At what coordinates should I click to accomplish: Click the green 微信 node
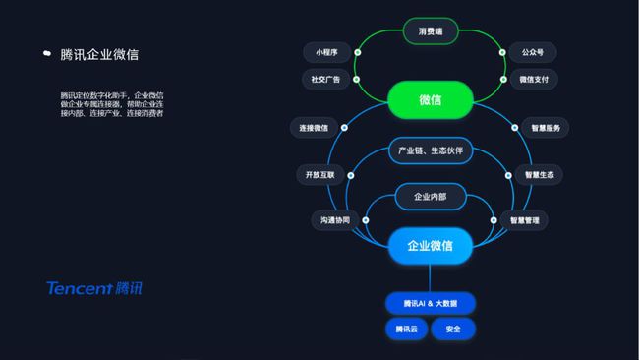(431, 99)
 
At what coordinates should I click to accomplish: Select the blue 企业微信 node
(431, 245)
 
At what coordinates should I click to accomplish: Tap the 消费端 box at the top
(431, 31)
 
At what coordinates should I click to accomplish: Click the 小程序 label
(327, 52)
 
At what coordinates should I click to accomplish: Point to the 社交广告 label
(327, 80)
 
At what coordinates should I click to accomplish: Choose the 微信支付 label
(534, 80)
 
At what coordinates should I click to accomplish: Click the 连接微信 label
(315, 128)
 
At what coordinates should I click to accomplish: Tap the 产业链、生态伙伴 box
(431, 150)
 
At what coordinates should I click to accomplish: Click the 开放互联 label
(320, 175)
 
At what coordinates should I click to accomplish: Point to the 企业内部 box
(431, 197)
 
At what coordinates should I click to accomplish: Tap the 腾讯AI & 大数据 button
(431, 302)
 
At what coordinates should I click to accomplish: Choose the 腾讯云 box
(407, 329)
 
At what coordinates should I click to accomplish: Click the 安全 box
(453, 329)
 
